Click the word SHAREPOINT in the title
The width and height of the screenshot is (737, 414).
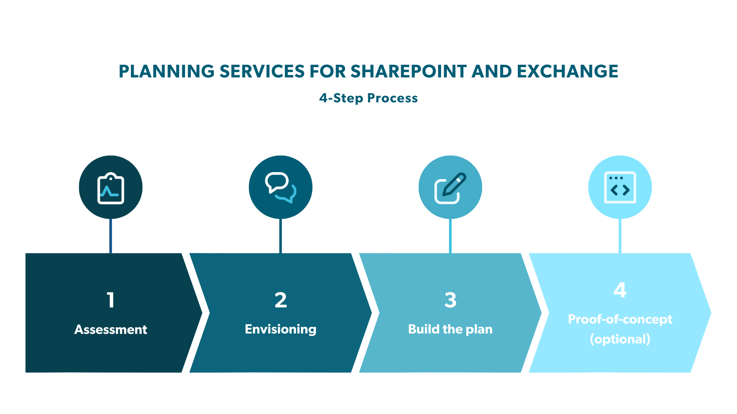[408, 71]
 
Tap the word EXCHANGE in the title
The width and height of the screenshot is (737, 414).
[567, 71]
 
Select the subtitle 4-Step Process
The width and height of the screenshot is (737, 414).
[368, 98]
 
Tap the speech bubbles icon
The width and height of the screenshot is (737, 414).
[281, 187]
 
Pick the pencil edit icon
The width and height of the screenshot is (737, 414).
[450, 188]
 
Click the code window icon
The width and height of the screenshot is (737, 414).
[620, 187]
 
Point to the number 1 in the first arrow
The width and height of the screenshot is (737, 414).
[111, 300]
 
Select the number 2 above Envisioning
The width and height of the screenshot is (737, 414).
[281, 300]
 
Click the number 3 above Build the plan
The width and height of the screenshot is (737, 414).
[450, 300]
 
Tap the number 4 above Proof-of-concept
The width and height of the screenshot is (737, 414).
[620, 290]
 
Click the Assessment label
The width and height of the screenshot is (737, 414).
[111, 329]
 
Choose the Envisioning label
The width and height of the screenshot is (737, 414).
[281, 329]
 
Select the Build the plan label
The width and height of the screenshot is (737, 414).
[450, 329]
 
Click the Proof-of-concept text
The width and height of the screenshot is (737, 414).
[620, 319]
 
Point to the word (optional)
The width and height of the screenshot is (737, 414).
[620, 339]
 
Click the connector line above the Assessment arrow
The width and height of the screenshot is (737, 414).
[111, 236]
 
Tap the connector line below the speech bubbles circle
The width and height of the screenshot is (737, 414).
[281, 236]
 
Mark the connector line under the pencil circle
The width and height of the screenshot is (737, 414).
[450, 236]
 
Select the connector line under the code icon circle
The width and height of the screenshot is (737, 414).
[620, 236]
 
